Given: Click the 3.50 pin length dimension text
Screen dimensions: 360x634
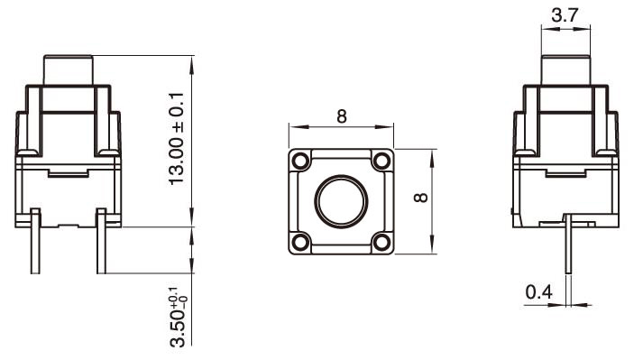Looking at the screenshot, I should click(x=178, y=316).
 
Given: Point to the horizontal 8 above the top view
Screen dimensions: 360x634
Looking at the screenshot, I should click(x=341, y=116).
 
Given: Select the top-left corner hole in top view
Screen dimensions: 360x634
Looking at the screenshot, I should click(x=299, y=160).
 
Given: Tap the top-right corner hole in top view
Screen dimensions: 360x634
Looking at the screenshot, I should click(x=382, y=160).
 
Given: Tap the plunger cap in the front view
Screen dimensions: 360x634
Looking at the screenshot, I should click(x=69, y=69).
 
